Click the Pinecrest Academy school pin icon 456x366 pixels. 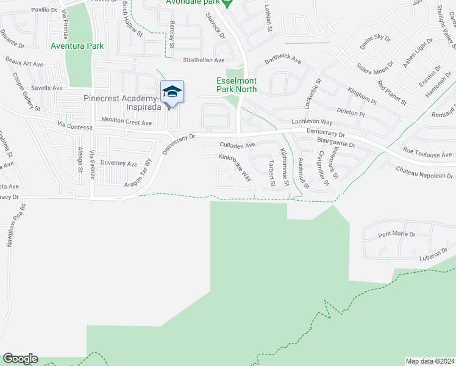172,92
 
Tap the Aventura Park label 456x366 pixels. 77,46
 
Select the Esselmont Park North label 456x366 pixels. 237,85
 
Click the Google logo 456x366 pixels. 20,359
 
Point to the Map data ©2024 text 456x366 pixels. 430,361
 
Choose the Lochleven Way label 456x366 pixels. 311,123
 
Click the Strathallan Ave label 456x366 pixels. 204,60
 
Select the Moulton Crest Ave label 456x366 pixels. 126,122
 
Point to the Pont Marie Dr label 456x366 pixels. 396,234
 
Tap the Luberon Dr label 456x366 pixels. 433,258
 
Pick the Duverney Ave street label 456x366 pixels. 119,163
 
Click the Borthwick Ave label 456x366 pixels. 283,60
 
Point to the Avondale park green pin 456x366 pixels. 227,3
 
